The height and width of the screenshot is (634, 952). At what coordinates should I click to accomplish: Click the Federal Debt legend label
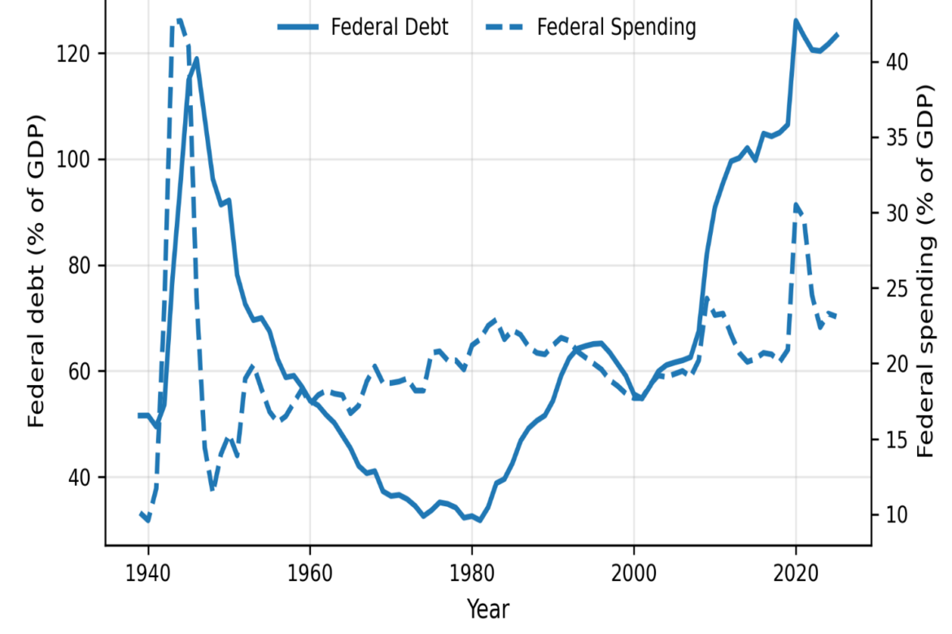coord(389,28)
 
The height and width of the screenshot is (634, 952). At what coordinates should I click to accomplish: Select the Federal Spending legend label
coord(616,28)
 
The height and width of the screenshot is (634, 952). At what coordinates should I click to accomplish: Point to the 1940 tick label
coord(147,573)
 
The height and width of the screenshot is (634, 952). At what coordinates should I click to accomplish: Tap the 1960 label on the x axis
coord(310,573)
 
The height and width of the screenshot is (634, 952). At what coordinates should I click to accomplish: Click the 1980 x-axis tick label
coord(472,573)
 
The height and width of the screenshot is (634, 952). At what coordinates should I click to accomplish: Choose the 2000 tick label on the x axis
coord(634,573)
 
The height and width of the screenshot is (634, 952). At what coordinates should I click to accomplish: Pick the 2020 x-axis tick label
coord(796,573)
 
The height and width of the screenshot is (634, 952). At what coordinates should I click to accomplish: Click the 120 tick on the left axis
coord(73,54)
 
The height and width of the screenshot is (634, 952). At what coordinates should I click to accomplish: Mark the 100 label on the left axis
coord(73,160)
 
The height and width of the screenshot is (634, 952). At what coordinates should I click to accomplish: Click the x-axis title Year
coord(487,609)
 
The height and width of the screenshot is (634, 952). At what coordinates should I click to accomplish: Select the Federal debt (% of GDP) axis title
coord(37,271)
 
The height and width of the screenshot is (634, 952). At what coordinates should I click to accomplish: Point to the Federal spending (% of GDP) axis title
coord(924,271)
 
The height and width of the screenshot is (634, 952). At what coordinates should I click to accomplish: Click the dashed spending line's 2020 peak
coord(796,204)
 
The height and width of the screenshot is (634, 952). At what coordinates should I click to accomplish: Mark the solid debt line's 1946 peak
coord(196,59)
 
